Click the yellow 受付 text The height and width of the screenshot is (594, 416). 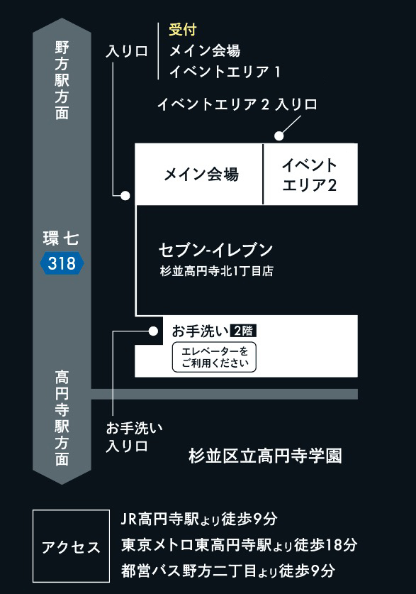click(x=183, y=30)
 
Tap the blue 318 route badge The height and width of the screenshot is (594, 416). click(x=62, y=263)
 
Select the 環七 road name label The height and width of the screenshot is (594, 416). click(x=61, y=238)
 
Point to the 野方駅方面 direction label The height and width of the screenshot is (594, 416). click(x=62, y=80)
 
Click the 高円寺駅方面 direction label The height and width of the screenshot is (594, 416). click(x=62, y=418)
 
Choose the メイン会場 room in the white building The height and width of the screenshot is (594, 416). click(x=199, y=175)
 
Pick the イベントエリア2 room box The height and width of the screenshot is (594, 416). click(x=310, y=175)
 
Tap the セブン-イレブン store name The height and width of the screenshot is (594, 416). click(x=215, y=250)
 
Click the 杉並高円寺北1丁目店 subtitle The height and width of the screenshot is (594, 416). click(x=217, y=271)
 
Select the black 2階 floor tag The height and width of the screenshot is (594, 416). click(x=243, y=331)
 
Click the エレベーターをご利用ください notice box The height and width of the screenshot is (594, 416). click(x=215, y=357)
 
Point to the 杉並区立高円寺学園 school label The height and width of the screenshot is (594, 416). click(x=265, y=456)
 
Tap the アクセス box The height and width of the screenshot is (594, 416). click(x=71, y=546)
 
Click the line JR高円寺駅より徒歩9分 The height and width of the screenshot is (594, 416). click(x=199, y=519)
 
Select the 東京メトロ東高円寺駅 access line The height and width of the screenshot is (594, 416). click(x=240, y=545)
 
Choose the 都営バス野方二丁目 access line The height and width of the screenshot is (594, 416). click(x=228, y=571)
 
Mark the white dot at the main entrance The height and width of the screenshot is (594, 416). click(x=125, y=195)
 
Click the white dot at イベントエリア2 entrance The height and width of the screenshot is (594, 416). click(x=279, y=136)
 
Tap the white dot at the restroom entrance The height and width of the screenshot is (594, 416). click(x=153, y=331)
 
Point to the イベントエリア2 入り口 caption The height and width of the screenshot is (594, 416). click(x=237, y=104)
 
